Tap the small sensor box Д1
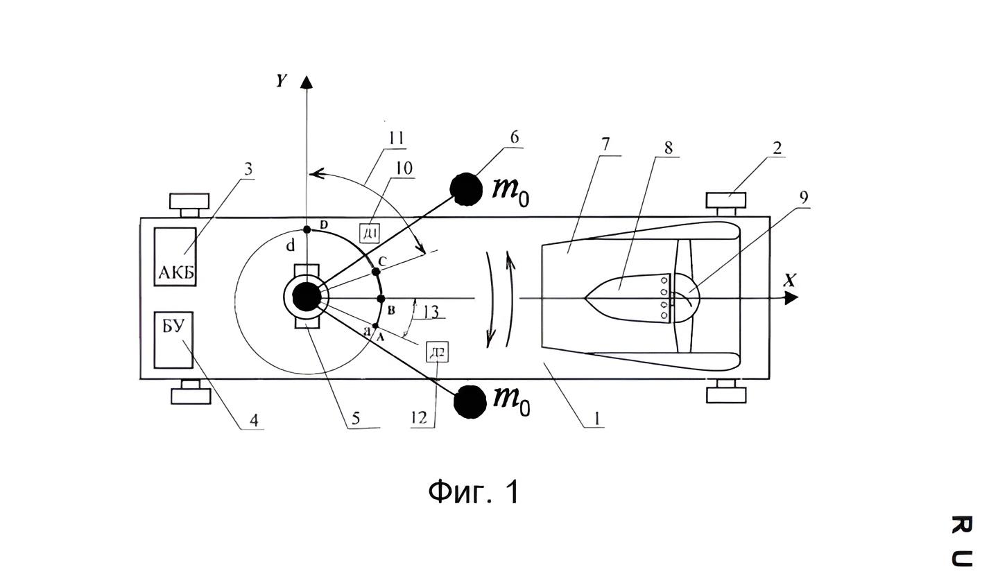(x=370, y=233)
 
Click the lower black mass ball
(x=470, y=402)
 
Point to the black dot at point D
(x=307, y=229)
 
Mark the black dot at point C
(x=376, y=272)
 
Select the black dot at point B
(x=381, y=298)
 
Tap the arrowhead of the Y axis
(x=307, y=82)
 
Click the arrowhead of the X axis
(x=792, y=298)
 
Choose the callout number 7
(x=605, y=144)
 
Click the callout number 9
(x=804, y=198)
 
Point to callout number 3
(x=248, y=169)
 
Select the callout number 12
(x=419, y=418)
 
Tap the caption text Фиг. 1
(x=474, y=491)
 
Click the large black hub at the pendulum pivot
(x=307, y=297)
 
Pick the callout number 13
(x=431, y=311)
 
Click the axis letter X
(x=789, y=281)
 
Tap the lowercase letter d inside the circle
(x=291, y=245)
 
